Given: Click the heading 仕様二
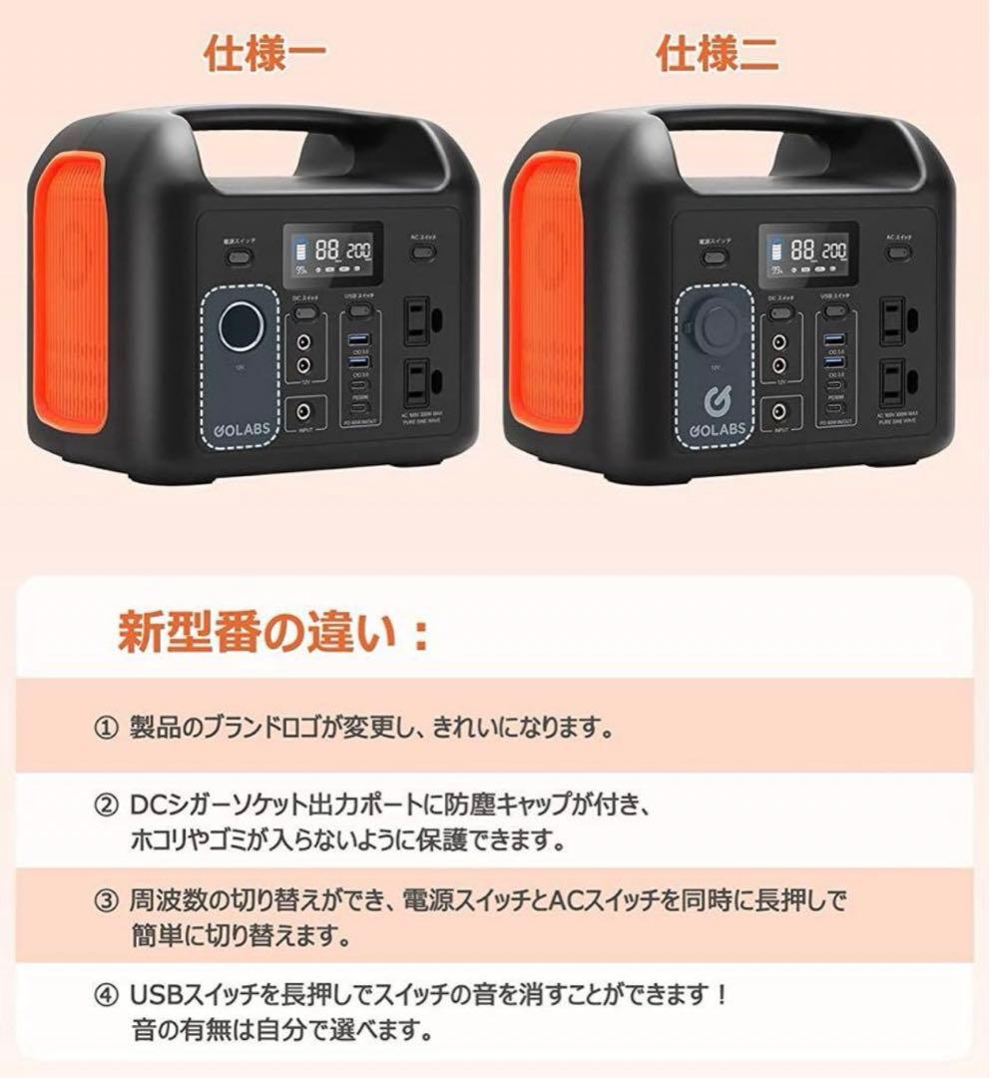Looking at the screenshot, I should tap(719, 55).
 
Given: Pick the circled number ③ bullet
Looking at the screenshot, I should tap(106, 902).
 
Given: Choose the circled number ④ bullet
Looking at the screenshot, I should tap(106, 995).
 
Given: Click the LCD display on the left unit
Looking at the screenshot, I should tap(332, 252).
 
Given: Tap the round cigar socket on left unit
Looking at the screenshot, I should tap(243, 321).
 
